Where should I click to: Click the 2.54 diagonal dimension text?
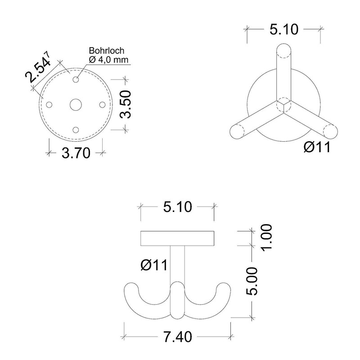(x=37, y=68)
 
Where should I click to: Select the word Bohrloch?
(x=107, y=50)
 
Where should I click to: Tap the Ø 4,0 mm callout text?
(x=108, y=60)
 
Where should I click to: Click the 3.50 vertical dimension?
(x=126, y=104)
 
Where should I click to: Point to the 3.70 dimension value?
(x=76, y=153)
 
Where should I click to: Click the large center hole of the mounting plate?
(x=76, y=105)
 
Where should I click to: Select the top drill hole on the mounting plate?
(x=76, y=80)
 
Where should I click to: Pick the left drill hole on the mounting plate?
(x=49, y=105)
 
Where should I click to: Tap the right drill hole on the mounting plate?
(x=103, y=105)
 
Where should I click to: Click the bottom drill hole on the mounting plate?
(x=76, y=130)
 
